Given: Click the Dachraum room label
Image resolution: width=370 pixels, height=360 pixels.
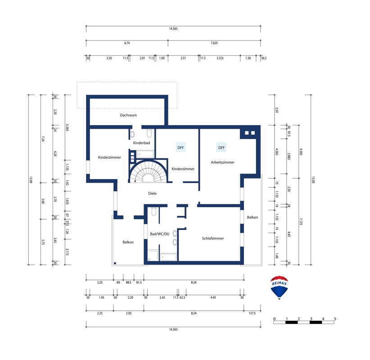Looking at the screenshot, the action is coord(128,115).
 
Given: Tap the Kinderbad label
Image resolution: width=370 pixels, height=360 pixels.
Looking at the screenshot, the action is coord(141,143).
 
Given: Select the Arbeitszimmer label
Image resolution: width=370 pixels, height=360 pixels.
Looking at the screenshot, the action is coord(222,162).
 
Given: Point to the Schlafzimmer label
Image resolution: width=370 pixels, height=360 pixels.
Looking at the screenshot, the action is coord(213,238).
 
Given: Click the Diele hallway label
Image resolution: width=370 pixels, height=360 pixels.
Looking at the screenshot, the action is coord(152,193).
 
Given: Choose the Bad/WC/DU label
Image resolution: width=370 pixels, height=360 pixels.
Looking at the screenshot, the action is coord(159,234).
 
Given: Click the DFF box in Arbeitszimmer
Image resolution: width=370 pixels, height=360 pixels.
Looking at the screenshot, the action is coord(221,148).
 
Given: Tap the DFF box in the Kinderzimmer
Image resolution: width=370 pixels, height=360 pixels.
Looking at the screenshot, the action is coord(180,148).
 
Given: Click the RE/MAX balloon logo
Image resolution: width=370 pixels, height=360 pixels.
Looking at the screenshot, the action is coord(279,288).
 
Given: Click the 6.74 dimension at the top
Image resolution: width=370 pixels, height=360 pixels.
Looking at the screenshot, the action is coord(127,43).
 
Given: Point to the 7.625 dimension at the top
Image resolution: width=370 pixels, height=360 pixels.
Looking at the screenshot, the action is coord(214,43).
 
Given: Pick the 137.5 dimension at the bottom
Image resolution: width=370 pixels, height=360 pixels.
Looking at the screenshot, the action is coord(252,313).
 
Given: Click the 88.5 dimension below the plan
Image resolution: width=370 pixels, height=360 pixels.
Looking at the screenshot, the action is coord(128,283).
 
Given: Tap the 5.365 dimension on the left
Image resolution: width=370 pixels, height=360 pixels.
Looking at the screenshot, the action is coord(67,128).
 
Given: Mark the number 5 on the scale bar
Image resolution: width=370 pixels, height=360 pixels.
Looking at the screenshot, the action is coord(335,319).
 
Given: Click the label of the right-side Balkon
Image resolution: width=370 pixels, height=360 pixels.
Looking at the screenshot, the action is coord(253,217).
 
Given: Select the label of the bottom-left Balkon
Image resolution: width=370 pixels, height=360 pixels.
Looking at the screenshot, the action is coord(128,242).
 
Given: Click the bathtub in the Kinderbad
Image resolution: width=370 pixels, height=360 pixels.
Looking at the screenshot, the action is coord(145,154).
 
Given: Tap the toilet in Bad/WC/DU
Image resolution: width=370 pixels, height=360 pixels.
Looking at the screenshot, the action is coord(153,211).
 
